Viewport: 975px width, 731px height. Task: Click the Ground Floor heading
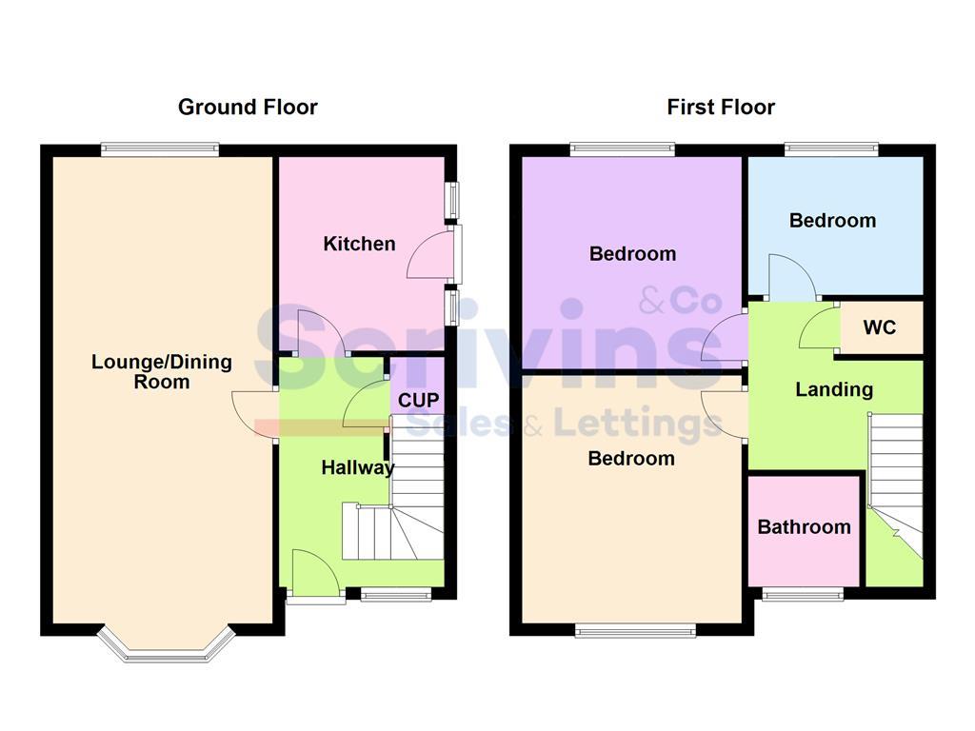click(x=248, y=107)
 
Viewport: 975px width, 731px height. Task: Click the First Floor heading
click(x=721, y=107)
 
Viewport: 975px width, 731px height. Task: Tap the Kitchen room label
click(x=359, y=244)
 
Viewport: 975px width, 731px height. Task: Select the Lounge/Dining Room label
click(x=161, y=372)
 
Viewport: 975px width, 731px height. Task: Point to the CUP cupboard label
click(x=419, y=400)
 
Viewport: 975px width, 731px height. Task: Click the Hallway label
click(x=357, y=467)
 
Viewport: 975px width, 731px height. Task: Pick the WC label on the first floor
click(x=879, y=327)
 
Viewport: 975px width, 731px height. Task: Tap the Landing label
click(x=834, y=389)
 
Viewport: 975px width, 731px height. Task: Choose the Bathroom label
click(x=805, y=526)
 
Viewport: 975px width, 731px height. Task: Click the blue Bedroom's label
click(x=832, y=220)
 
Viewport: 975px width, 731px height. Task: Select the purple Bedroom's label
click(x=632, y=253)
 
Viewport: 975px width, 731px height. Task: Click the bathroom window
click(x=803, y=595)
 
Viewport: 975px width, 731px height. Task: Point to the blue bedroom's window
click(x=830, y=148)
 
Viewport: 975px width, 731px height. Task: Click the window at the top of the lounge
click(x=160, y=148)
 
